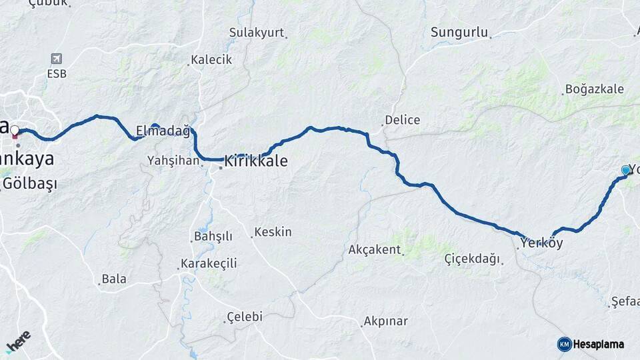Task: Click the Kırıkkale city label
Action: (x=256, y=161)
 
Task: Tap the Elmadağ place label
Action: (x=163, y=131)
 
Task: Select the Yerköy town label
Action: (x=542, y=243)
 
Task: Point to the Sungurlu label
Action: (x=459, y=32)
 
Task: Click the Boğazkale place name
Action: (x=594, y=89)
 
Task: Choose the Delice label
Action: (x=403, y=120)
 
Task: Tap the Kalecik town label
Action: (x=211, y=59)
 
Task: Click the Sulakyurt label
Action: (x=257, y=33)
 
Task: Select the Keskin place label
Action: (x=273, y=232)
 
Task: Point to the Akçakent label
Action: (x=374, y=250)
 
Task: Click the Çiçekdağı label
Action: (x=472, y=259)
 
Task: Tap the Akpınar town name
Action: (x=385, y=321)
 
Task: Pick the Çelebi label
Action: (x=245, y=317)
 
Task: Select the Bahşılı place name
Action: (x=213, y=236)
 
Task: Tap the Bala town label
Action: (x=114, y=279)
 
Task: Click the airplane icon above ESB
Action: (x=56, y=59)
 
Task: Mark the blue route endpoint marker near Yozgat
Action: (x=626, y=171)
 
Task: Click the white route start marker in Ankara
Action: (x=15, y=130)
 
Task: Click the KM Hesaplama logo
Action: (x=591, y=344)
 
